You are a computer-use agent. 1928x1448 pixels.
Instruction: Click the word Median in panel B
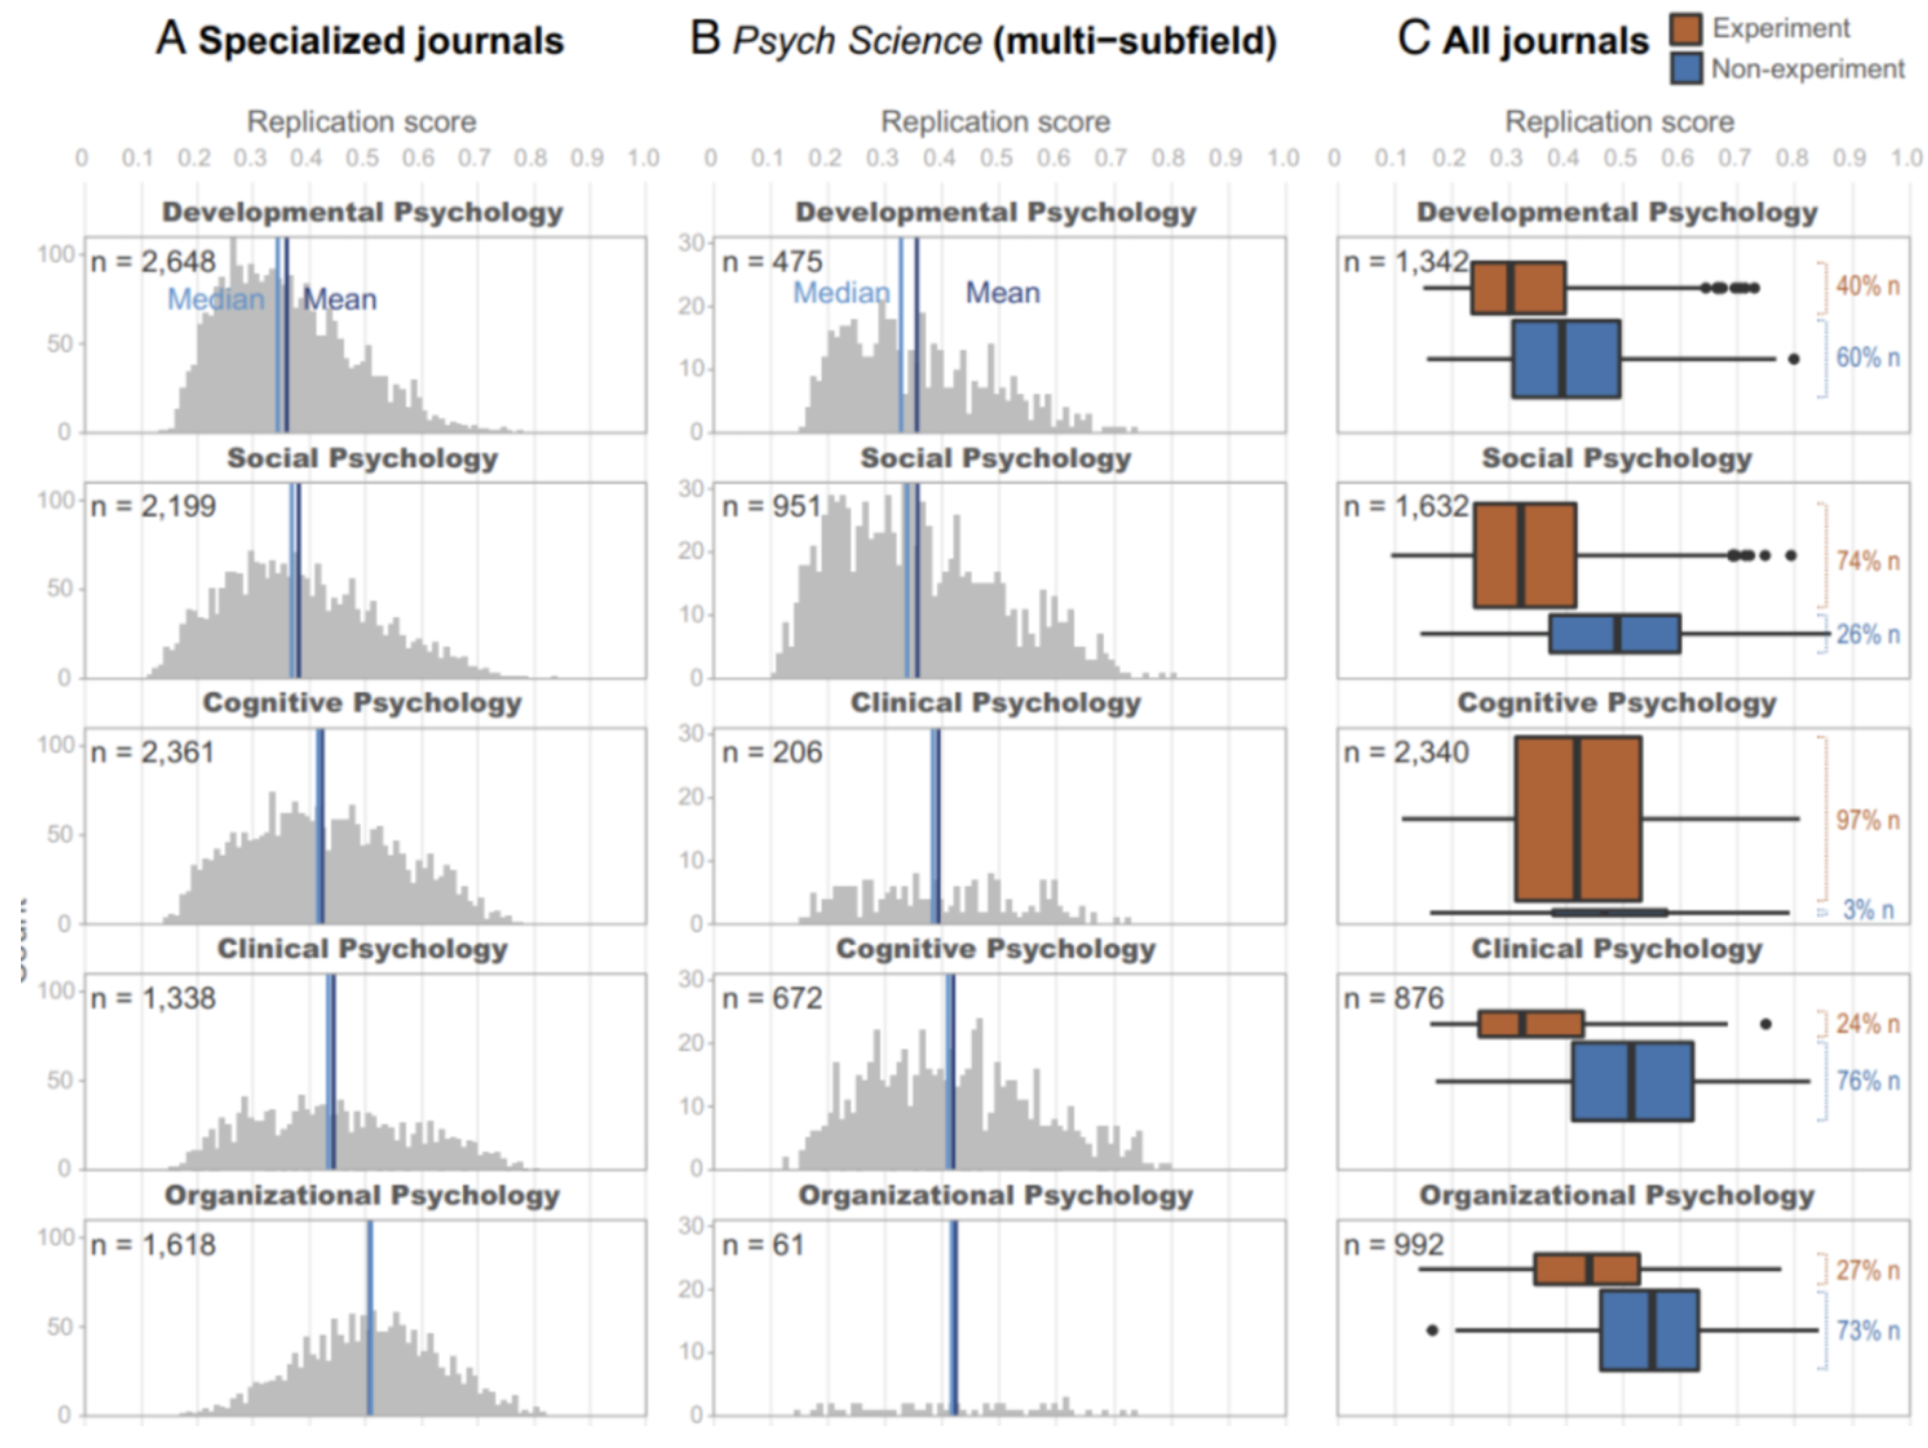coord(841,293)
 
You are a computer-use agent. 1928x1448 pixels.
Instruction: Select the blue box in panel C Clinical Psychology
coord(1633,1080)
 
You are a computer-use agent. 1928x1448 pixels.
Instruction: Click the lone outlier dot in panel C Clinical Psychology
coord(1765,1024)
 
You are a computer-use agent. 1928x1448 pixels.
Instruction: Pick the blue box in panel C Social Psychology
coord(1614,633)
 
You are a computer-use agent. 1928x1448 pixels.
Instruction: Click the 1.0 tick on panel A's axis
coord(643,158)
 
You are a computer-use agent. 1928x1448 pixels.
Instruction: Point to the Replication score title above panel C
coord(1620,122)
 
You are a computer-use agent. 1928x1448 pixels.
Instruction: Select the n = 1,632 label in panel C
coord(1406,506)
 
